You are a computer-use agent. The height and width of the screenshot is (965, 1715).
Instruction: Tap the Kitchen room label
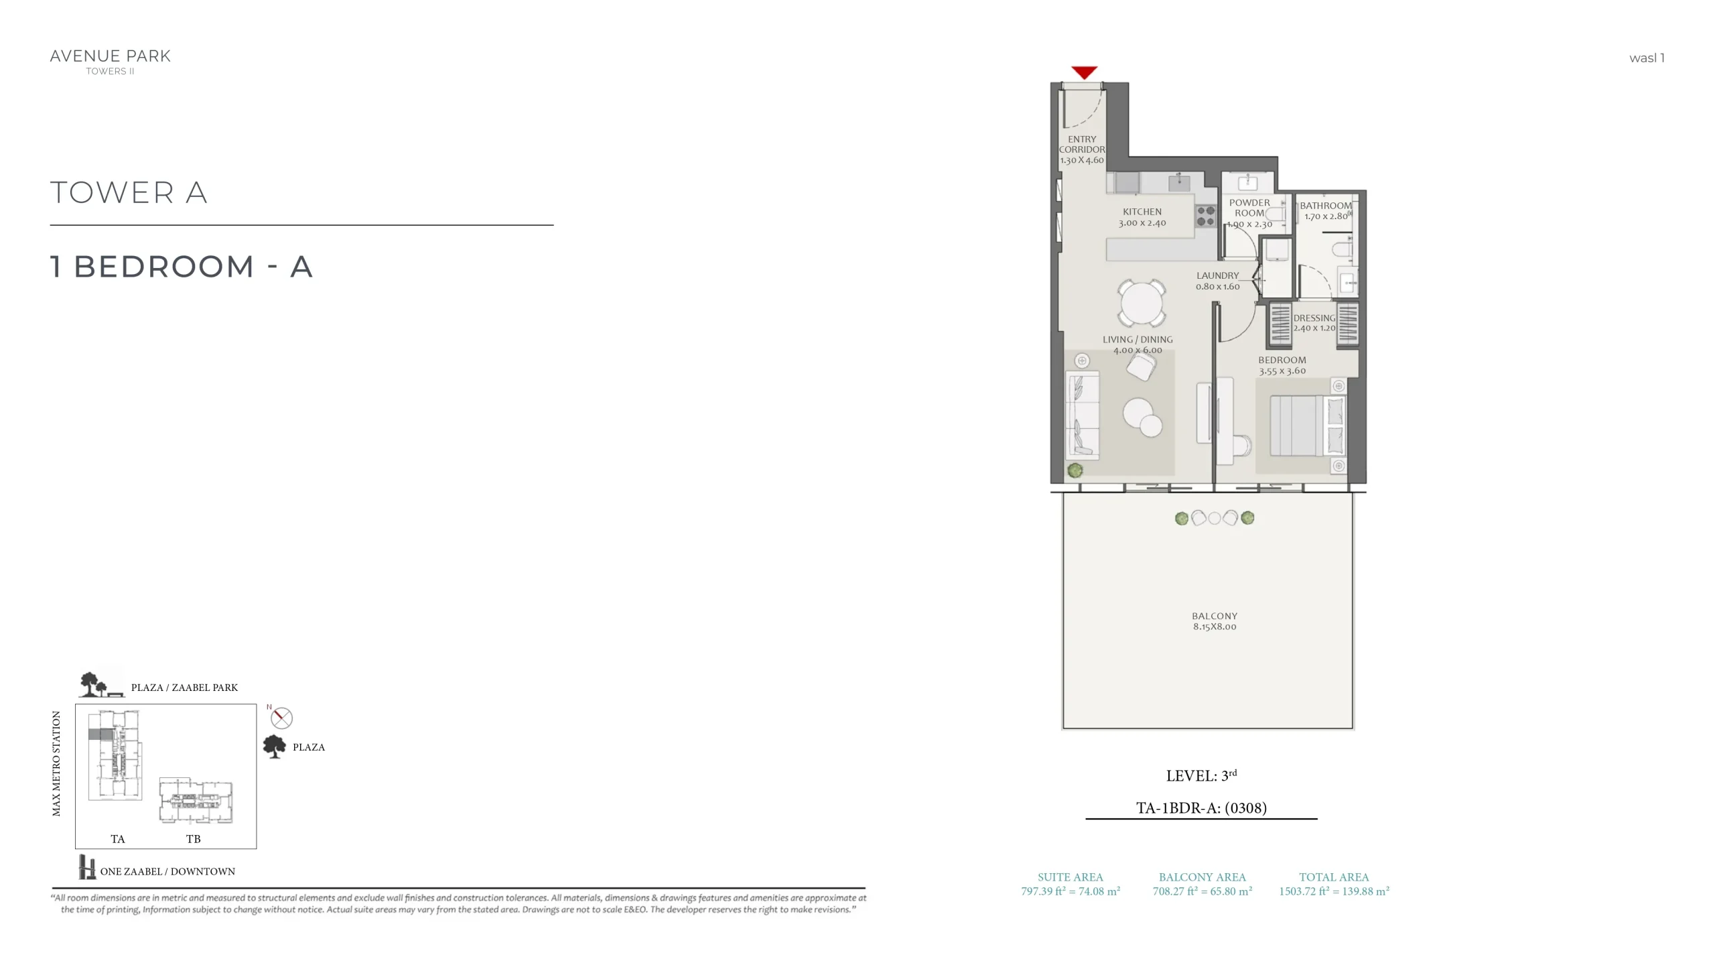point(1142,212)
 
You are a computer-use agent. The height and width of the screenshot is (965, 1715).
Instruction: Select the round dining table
point(1141,303)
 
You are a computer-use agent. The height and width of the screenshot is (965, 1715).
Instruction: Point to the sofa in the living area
point(1082,415)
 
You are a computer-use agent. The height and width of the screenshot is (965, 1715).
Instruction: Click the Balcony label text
point(1215,616)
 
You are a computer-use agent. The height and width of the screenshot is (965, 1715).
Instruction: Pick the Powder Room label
point(1249,208)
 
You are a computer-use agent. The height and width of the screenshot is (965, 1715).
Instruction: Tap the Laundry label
point(1218,275)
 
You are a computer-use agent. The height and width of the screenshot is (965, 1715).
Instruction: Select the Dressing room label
point(1314,318)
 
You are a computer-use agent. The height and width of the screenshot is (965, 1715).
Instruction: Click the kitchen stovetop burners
point(1206,216)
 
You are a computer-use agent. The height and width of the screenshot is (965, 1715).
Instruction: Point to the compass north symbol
point(281,718)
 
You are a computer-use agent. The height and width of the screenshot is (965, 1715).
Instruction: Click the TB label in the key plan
point(193,839)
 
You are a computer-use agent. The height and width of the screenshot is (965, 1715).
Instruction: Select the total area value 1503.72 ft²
point(1304,891)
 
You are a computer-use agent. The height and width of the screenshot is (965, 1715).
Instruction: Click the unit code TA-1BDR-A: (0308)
point(1201,808)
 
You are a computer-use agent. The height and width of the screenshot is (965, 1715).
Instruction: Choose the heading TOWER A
point(129,192)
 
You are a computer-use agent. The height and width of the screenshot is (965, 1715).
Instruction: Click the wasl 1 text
point(1647,58)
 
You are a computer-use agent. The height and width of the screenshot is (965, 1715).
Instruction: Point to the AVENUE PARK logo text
point(111,56)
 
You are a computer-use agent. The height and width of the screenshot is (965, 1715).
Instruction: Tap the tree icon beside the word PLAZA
point(274,746)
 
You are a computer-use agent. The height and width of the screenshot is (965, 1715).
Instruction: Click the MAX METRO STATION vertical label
point(56,764)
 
